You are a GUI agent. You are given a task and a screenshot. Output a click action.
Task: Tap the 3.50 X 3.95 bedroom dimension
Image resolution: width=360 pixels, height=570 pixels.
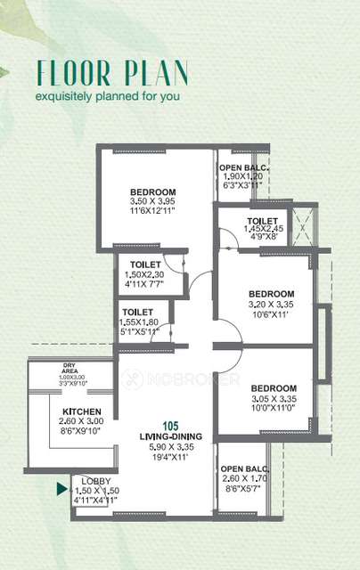(x=152, y=202)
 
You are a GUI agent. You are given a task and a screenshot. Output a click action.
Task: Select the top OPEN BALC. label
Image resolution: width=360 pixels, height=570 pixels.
(x=245, y=167)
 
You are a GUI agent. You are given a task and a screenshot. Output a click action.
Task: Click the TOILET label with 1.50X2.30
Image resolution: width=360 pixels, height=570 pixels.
(x=145, y=265)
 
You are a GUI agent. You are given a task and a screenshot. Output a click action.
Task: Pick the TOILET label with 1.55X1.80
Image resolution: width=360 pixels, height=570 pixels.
(x=145, y=312)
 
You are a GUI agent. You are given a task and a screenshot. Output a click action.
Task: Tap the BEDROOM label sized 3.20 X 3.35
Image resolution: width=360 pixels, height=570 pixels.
(x=271, y=294)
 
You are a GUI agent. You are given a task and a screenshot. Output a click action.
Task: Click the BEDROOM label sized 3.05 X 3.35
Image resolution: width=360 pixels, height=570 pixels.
(x=273, y=389)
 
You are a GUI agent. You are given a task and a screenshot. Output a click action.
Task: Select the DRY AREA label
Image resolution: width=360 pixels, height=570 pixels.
(x=69, y=367)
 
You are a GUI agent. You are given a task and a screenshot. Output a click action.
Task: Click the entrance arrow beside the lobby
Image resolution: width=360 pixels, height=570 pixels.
(x=61, y=488)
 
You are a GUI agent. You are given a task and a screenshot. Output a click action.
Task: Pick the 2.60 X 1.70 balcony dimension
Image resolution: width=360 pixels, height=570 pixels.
(x=244, y=479)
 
